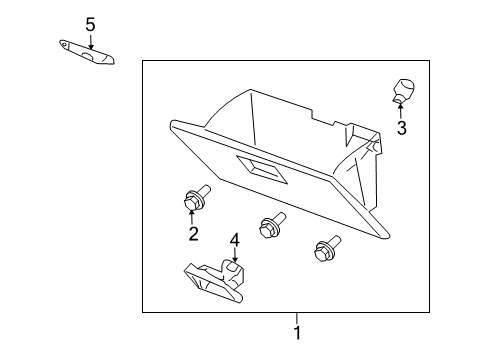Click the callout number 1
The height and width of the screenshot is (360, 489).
tap(297, 333)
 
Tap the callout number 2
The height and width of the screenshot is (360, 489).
tap(193, 234)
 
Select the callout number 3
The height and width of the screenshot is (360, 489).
tap(402, 128)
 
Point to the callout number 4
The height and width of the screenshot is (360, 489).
tap(235, 240)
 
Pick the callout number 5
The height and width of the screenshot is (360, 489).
tap(90, 25)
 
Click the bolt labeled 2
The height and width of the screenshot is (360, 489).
tap(196, 198)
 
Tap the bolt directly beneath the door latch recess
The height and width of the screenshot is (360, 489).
tap(271, 225)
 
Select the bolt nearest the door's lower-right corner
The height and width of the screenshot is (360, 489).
tap(327, 249)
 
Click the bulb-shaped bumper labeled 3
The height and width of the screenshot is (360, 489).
tap(403, 90)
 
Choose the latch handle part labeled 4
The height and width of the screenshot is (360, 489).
tap(215, 281)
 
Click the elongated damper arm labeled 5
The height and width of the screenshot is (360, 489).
tap(87, 52)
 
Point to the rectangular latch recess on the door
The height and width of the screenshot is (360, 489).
tap(261, 169)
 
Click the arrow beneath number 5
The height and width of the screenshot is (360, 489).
tap(90, 42)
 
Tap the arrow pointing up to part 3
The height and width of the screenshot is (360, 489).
tap(400, 112)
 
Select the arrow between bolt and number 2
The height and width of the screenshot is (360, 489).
tap(191, 217)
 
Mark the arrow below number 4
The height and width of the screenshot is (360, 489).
tap(235, 255)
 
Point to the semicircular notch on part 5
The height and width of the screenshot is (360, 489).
tap(88, 56)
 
